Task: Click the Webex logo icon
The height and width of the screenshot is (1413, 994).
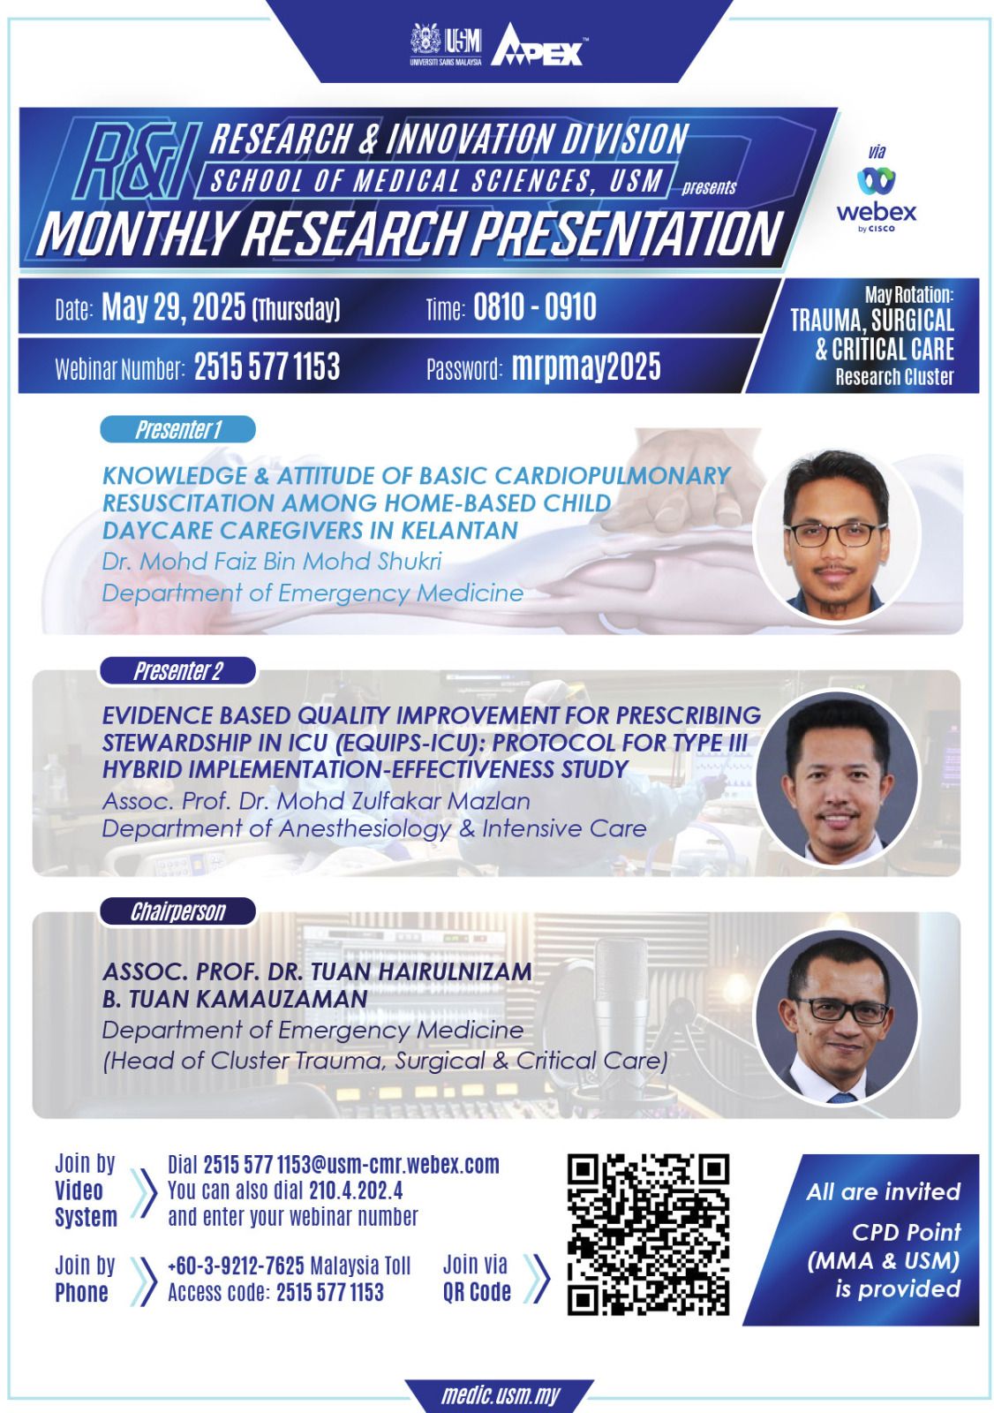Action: coord(876,181)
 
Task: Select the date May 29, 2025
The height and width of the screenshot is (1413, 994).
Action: coord(173,307)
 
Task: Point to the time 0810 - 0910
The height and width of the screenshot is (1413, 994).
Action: coord(534,307)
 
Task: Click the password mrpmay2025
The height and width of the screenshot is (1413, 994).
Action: coord(586,366)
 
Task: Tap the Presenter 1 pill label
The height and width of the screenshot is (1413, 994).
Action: coord(177,429)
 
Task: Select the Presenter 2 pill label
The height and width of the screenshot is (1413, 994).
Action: coord(177,670)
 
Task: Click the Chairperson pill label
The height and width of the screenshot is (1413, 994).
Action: coord(177,911)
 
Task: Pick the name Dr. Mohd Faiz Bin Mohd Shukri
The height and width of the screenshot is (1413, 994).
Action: coord(272,561)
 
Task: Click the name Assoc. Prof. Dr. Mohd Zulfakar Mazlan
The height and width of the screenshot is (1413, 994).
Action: coord(316,800)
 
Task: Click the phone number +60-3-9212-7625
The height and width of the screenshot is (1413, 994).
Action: coord(236,1266)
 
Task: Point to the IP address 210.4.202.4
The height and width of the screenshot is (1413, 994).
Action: coord(356,1190)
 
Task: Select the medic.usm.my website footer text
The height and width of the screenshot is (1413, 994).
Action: coord(501,1395)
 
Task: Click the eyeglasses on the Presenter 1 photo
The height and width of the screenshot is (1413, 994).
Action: coord(836,534)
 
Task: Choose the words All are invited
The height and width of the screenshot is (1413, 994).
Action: coord(883,1191)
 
